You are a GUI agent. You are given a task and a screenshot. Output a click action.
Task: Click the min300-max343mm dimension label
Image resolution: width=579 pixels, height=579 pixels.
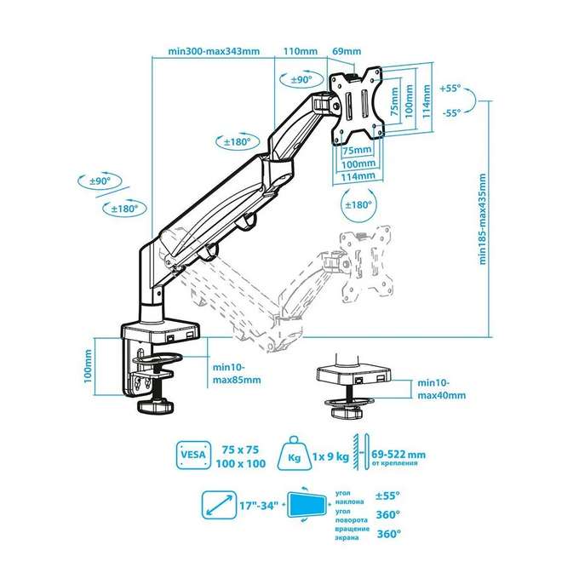tap(213, 51)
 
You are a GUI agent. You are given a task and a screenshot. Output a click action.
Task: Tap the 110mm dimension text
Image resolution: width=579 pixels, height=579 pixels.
tap(296, 51)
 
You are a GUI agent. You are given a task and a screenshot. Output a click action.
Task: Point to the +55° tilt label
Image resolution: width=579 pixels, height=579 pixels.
tap(451, 88)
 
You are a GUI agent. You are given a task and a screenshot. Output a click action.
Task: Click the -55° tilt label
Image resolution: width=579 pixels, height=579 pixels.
tap(451, 112)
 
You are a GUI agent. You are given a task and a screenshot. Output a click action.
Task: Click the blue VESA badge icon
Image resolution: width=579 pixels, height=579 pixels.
tap(192, 455)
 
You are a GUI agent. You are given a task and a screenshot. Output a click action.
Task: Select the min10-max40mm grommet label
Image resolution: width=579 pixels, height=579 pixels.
tap(442, 389)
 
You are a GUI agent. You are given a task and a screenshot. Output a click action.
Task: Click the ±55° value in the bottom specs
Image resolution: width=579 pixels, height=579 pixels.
tap(387, 495)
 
